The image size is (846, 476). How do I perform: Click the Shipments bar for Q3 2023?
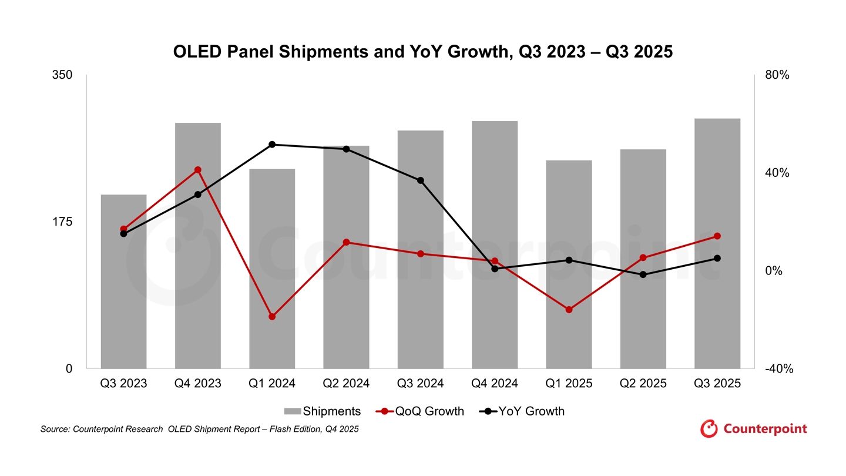click(123, 282)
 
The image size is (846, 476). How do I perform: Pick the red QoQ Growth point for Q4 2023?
click(198, 170)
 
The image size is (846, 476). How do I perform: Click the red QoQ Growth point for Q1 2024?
click(272, 317)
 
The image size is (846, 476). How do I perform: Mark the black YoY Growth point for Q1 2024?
click(272, 145)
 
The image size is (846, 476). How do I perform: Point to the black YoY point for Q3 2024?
click(421, 180)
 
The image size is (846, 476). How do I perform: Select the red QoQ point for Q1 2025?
click(569, 310)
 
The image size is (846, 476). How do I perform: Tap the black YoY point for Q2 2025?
click(643, 274)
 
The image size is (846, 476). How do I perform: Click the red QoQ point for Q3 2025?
click(717, 236)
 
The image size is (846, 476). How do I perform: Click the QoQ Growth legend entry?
click(419, 411)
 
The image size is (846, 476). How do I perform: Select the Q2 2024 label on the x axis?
click(346, 384)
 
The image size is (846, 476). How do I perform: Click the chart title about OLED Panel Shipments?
click(422, 52)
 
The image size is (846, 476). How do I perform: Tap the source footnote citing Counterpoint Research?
click(199, 430)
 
